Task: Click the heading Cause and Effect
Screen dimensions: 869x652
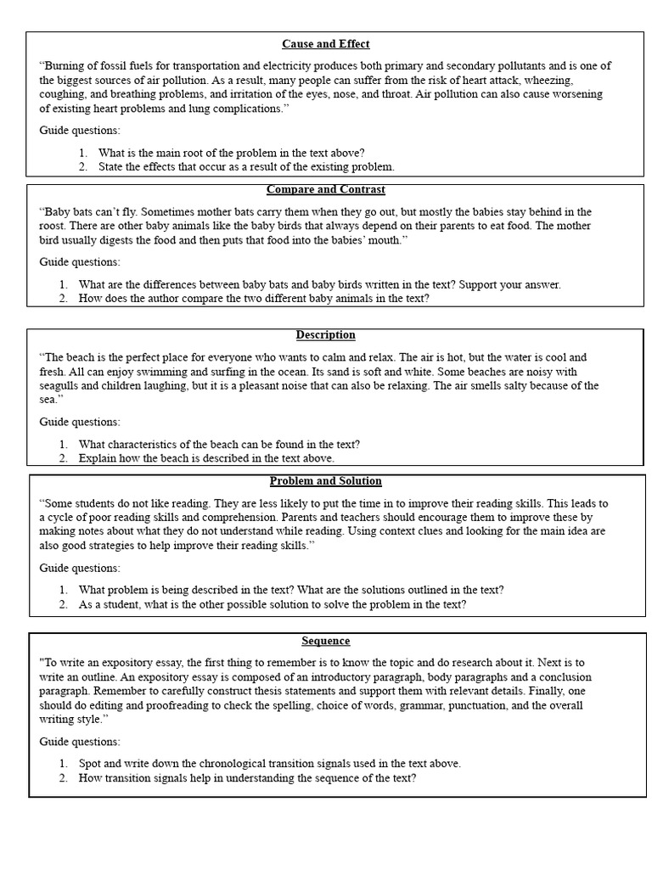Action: click(x=326, y=44)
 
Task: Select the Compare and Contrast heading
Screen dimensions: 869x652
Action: click(x=326, y=189)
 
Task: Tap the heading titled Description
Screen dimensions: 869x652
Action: click(x=326, y=335)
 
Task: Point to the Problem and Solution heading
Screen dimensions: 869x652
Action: click(x=326, y=481)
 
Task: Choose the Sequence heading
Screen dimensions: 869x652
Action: click(x=326, y=641)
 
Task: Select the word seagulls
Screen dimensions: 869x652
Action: click(x=62, y=386)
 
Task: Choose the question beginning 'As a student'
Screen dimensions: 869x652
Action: click(x=272, y=604)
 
